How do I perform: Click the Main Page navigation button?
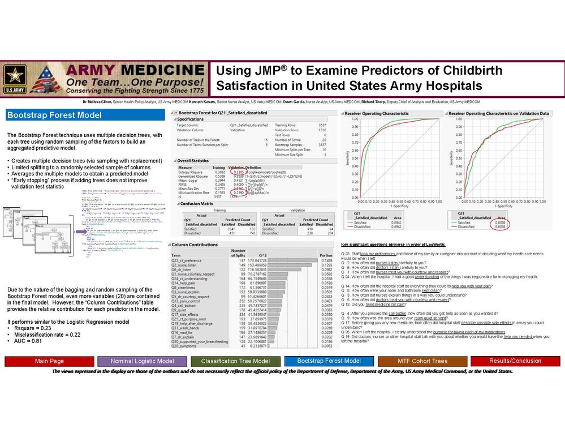coord(49,361)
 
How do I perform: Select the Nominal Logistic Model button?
coord(142,361)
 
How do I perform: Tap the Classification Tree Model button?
coord(235,361)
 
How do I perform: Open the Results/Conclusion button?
coord(515,361)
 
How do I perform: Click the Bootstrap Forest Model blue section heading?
coord(54,115)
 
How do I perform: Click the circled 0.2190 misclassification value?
coord(240,193)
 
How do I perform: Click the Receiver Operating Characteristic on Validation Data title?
coord(503,113)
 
